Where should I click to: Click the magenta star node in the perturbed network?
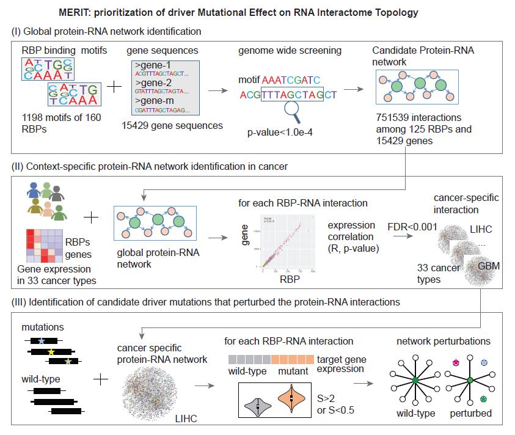click(455, 362)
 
